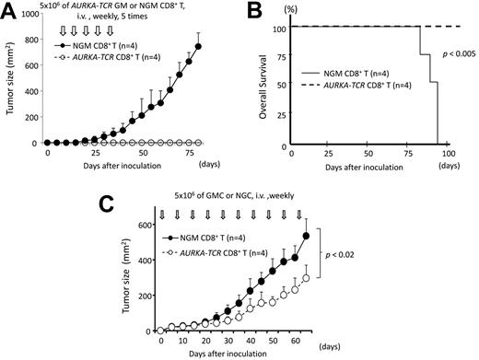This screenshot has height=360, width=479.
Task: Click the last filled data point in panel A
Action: pos(197,47)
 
